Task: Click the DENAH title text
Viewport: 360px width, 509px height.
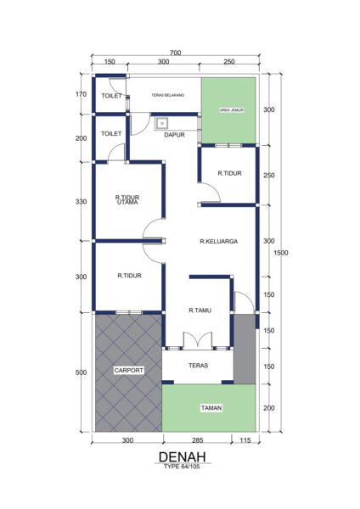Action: (x=183, y=456)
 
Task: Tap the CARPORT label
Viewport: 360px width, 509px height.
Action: (x=129, y=371)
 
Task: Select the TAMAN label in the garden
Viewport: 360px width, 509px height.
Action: (x=211, y=408)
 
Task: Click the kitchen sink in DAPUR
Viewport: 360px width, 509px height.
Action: (x=162, y=123)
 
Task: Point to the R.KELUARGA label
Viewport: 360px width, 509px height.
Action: (x=219, y=241)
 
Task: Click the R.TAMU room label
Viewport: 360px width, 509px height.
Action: (x=200, y=310)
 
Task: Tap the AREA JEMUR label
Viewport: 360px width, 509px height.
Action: (x=232, y=110)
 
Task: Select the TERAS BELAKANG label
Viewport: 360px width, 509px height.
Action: (x=167, y=95)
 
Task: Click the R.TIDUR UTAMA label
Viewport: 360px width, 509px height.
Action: (x=127, y=199)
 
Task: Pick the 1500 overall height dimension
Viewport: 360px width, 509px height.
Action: (x=281, y=253)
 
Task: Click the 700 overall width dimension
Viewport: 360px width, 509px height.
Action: (x=175, y=53)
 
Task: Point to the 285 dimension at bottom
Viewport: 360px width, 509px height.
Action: (x=197, y=440)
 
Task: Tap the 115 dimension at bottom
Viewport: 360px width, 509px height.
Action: (x=245, y=440)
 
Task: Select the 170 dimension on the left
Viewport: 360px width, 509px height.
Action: (x=81, y=94)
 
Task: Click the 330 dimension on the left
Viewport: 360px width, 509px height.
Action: (x=81, y=202)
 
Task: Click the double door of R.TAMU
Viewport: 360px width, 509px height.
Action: (x=198, y=340)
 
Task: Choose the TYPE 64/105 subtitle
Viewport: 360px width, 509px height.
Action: (x=182, y=467)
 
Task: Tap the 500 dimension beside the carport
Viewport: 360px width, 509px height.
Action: (x=81, y=372)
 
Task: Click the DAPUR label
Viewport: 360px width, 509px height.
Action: (x=174, y=135)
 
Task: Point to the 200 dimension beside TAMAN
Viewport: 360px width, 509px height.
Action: (x=269, y=408)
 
